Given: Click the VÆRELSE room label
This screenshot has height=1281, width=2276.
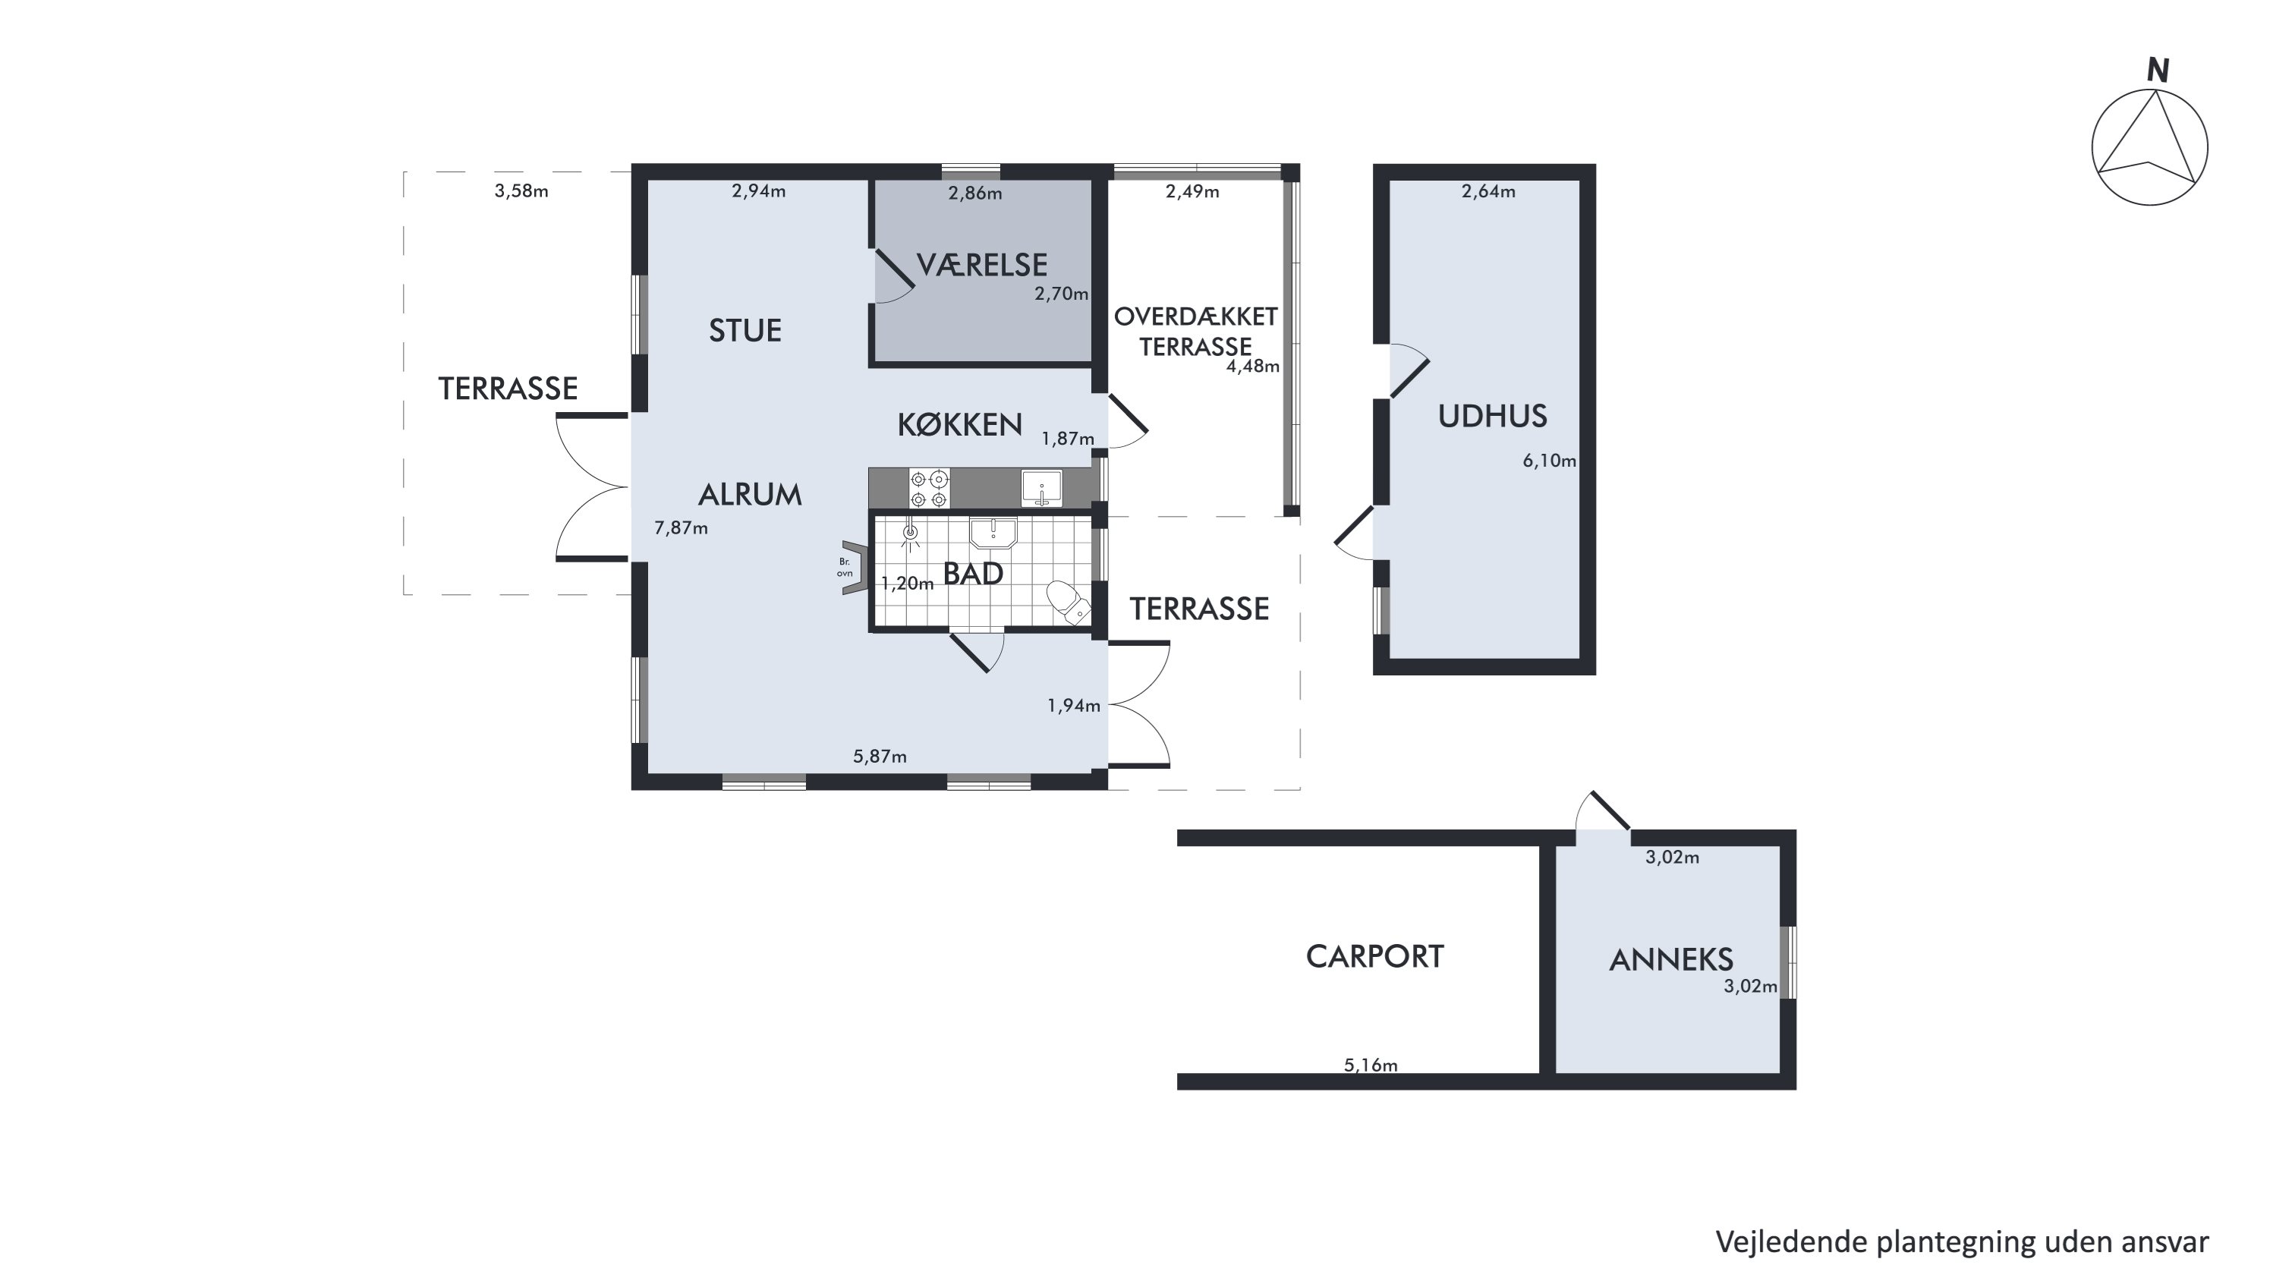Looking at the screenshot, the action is (981, 265).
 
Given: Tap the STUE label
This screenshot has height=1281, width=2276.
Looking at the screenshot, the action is (745, 330).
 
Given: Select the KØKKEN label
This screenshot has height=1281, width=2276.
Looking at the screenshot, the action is (959, 425).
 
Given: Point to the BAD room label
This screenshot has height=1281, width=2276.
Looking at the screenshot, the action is (973, 574).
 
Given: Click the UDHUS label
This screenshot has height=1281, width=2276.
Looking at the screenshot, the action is (1492, 416).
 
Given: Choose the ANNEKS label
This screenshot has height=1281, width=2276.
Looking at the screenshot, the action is (1671, 959).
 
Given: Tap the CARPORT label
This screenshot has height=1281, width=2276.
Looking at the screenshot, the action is (1375, 956).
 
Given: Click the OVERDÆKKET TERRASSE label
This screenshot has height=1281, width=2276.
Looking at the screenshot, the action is (1195, 332).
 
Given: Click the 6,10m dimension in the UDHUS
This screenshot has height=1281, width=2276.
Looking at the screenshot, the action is (1549, 461).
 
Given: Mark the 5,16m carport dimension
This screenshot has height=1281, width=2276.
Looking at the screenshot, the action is (1371, 1065).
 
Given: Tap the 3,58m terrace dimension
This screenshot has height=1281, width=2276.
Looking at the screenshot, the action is (521, 190).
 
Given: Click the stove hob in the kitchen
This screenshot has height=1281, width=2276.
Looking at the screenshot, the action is (930, 489).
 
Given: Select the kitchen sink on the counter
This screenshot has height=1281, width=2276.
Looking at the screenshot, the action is (1042, 489).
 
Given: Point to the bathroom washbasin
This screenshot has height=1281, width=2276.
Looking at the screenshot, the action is (993, 533).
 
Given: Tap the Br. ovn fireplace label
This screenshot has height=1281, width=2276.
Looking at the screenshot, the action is (845, 567).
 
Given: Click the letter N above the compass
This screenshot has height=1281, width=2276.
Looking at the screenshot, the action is (2158, 71).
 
